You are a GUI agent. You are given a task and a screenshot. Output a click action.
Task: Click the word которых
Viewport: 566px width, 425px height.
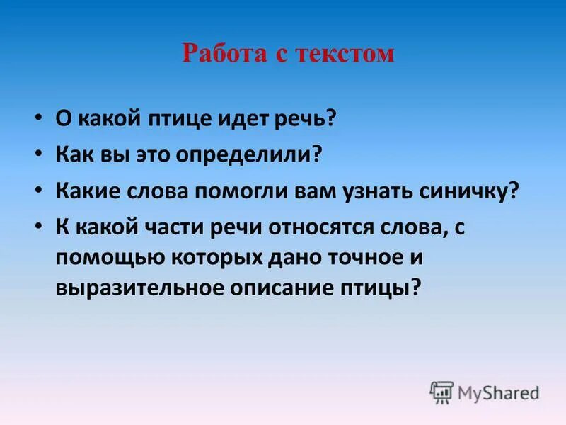tap(212, 259)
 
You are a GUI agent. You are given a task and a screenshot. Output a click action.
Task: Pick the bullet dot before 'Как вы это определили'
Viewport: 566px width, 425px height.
tap(40, 151)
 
